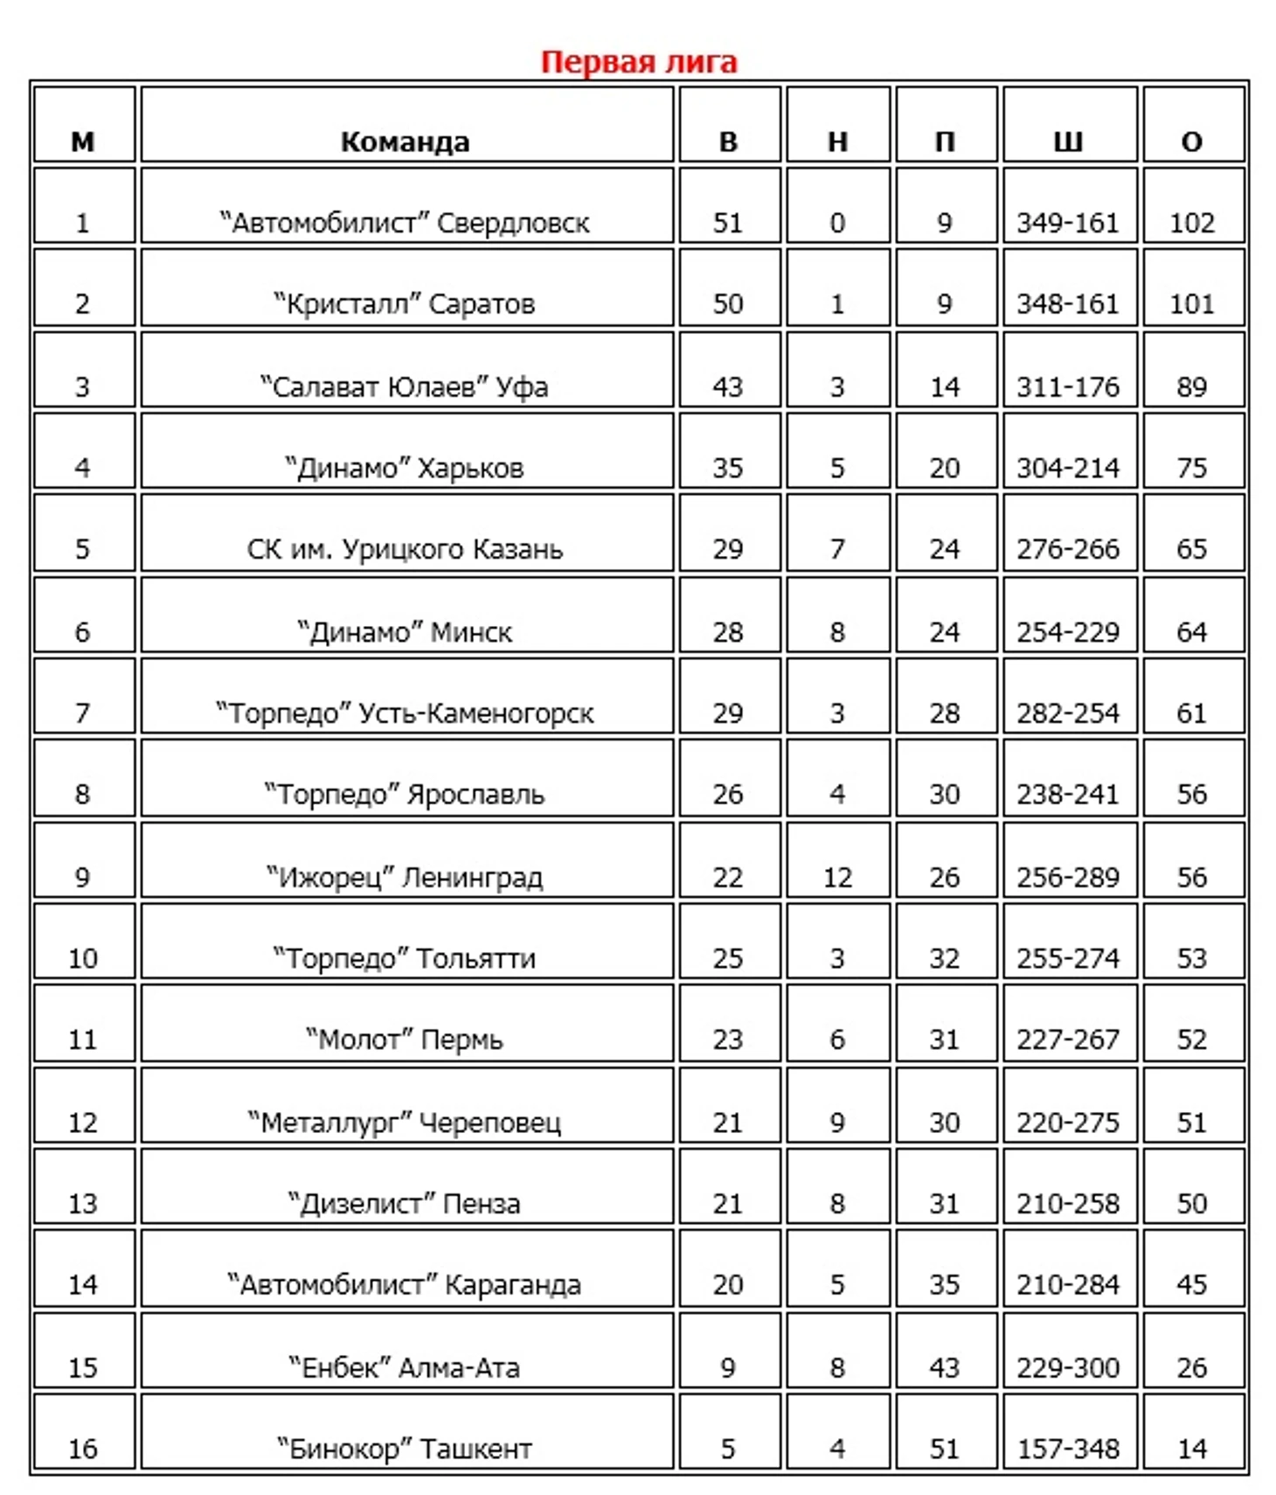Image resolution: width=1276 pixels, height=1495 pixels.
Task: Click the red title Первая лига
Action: coord(639,62)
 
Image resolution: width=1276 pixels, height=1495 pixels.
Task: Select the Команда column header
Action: coord(405,142)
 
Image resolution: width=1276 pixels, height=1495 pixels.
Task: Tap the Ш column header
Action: coord(1068,142)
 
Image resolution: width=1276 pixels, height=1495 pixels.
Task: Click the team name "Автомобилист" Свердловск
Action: coord(405,223)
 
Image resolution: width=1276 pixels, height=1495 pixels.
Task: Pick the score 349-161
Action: coord(1068,223)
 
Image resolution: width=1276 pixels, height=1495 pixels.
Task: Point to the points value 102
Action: coord(1192,223)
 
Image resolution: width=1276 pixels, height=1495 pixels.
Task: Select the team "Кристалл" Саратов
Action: coord(405,304)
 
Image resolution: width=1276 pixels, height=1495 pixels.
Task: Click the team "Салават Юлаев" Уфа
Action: coord(405,386)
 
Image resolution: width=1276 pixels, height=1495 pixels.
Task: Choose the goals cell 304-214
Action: coord(1068,468)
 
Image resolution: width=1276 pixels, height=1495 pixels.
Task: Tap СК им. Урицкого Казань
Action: coord(405,549)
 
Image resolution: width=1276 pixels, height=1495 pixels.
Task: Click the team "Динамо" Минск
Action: coord(405,632)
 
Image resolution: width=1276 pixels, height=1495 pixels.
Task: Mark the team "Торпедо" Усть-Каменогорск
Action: coord(405,713)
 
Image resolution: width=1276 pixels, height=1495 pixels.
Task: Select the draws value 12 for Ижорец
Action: coord(837,877)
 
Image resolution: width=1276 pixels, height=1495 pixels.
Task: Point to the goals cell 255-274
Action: coord(1068,958)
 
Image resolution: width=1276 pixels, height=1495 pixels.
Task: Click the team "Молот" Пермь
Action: coord(405,1040)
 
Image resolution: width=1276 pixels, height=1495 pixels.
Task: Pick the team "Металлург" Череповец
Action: coord(405,1122)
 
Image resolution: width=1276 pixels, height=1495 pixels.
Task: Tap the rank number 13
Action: coord(83,1204)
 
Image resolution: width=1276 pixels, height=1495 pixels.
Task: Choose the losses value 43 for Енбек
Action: coord(945,1367)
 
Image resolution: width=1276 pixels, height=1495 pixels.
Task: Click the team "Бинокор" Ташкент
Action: coord(405,1449)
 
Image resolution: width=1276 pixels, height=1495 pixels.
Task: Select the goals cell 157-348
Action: coord(1068,1449)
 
